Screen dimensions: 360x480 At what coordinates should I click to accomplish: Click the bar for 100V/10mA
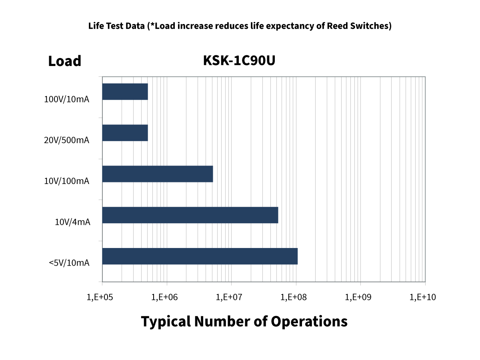(125, 92)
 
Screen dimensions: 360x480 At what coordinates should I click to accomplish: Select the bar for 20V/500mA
(125, 133)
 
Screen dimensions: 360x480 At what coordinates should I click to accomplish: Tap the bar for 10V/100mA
(158, 174)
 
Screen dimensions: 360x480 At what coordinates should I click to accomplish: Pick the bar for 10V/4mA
(190, 215)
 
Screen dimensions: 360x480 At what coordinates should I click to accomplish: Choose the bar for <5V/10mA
(200, 256)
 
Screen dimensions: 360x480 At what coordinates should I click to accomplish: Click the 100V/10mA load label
(67, 99)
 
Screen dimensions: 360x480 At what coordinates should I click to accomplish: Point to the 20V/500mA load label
(67, 140)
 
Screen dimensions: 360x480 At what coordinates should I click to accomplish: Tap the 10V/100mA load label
(67, 181)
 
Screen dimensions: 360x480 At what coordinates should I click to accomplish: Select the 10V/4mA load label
(72, 222)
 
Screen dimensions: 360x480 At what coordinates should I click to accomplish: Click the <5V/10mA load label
(69, 263)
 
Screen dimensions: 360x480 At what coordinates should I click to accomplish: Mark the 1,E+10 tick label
(423, 297)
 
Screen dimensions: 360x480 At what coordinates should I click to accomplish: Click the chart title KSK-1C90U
(239, 60)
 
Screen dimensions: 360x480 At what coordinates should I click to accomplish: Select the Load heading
(65, 61)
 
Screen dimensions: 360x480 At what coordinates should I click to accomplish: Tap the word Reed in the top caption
(337, 26)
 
